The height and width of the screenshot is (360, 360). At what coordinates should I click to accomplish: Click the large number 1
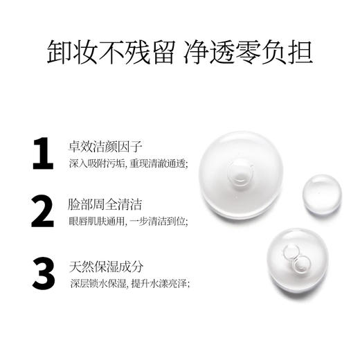43,154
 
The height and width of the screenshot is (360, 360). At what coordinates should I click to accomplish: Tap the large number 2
43,212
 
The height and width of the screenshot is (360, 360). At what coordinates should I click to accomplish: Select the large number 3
43,273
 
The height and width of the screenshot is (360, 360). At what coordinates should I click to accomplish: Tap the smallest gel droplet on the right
322,194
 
